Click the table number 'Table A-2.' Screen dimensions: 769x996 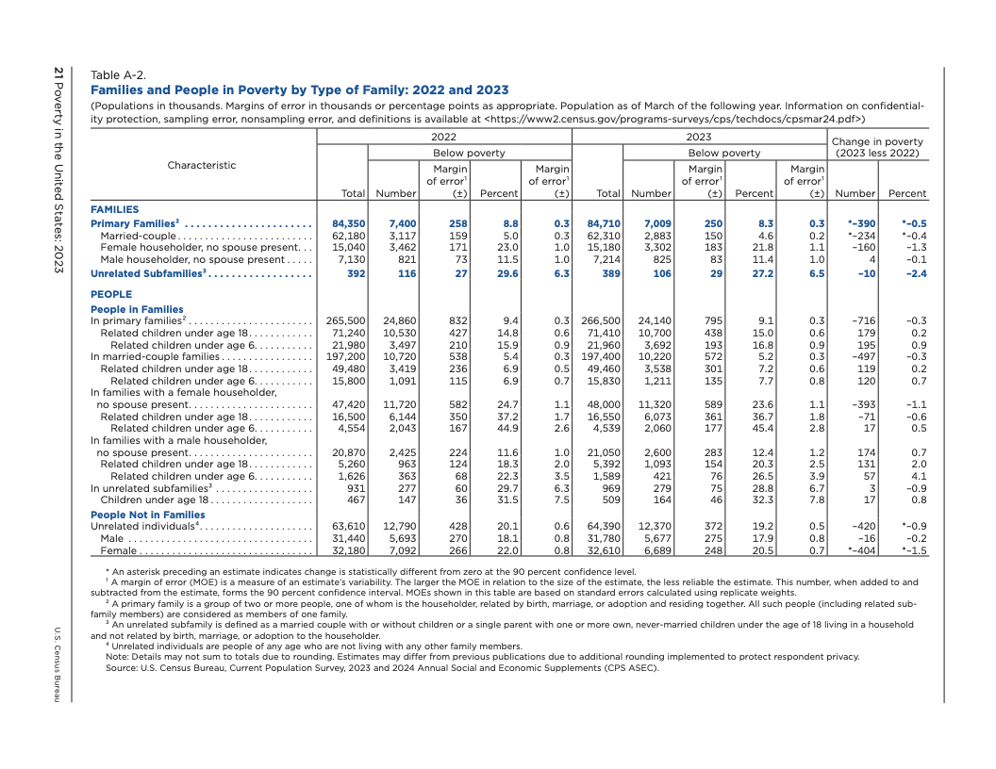coord(118,75)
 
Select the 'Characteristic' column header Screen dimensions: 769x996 coord(202,165)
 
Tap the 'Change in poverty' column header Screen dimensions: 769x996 coord(877,142)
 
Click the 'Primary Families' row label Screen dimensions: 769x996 coord(133,223)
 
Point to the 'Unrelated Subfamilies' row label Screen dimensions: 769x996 coord(147,273)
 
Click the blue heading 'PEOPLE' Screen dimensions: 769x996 coord(111,294)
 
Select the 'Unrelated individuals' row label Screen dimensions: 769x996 coord(142,527)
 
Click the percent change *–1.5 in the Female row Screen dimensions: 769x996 coord(911,550)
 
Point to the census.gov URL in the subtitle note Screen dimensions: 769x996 coord(674,120)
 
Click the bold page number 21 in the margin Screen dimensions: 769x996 coord(58,73)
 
